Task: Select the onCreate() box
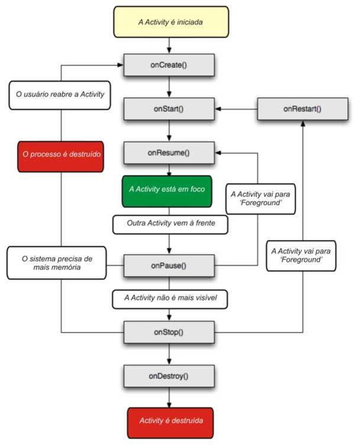pos(169,64)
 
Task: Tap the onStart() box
pos(169,109)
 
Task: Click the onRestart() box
pos(303,109)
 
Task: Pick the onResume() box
pos(169,153)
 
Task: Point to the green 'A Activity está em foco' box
pos(168,190)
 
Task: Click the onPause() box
pos(169,265)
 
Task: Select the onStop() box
pos(169,331)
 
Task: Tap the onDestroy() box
pos(169,376)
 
